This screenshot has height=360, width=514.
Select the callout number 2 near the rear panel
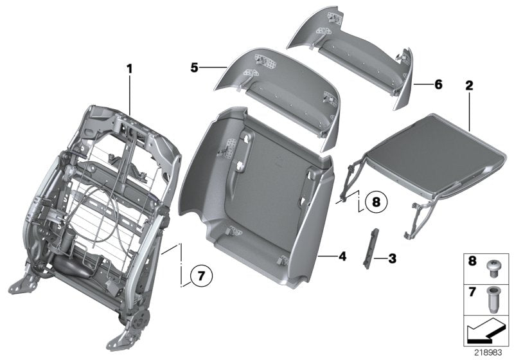click(x=469, y=84)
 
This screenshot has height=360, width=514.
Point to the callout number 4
click(x=342, y=256)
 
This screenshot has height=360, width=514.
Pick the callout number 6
click(x=438, y=84)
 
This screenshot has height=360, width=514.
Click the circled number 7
click(x=200, y=276)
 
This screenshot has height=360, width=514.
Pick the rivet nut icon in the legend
click(x=494, y=298)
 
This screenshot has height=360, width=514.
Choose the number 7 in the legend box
click(x=472, y=292)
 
